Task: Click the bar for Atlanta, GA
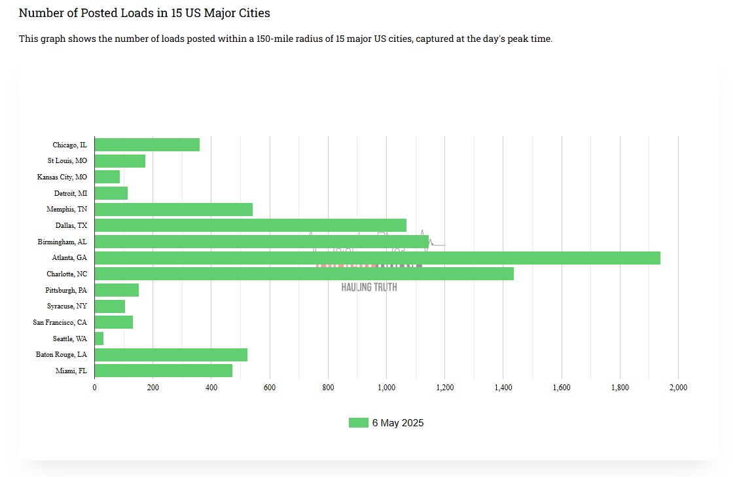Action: coord(377,258)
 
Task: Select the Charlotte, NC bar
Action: coord(304,274)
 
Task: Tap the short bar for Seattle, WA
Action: coord(99,339)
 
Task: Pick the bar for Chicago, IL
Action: coord(147,145)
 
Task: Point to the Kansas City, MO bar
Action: coord(107,177)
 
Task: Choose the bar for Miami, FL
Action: coord(164,371)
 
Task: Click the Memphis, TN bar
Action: coord(173,210)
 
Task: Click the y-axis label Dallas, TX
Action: coord(71,226)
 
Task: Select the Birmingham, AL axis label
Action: coord(62,242)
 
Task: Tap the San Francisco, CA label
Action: coord(60,322)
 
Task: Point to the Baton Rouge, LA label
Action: coord(62,355)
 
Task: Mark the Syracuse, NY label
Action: coord(67,306)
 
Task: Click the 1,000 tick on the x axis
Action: coord(386,388)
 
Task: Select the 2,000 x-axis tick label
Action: coord(678,388)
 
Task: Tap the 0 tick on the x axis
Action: coord(95,388)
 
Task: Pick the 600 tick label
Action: coord(270,388)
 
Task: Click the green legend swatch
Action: coord(358,423)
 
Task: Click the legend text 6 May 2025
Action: coord(398,423)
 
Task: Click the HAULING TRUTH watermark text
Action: coord(369,287)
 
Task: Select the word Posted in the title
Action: coord(99,13)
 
